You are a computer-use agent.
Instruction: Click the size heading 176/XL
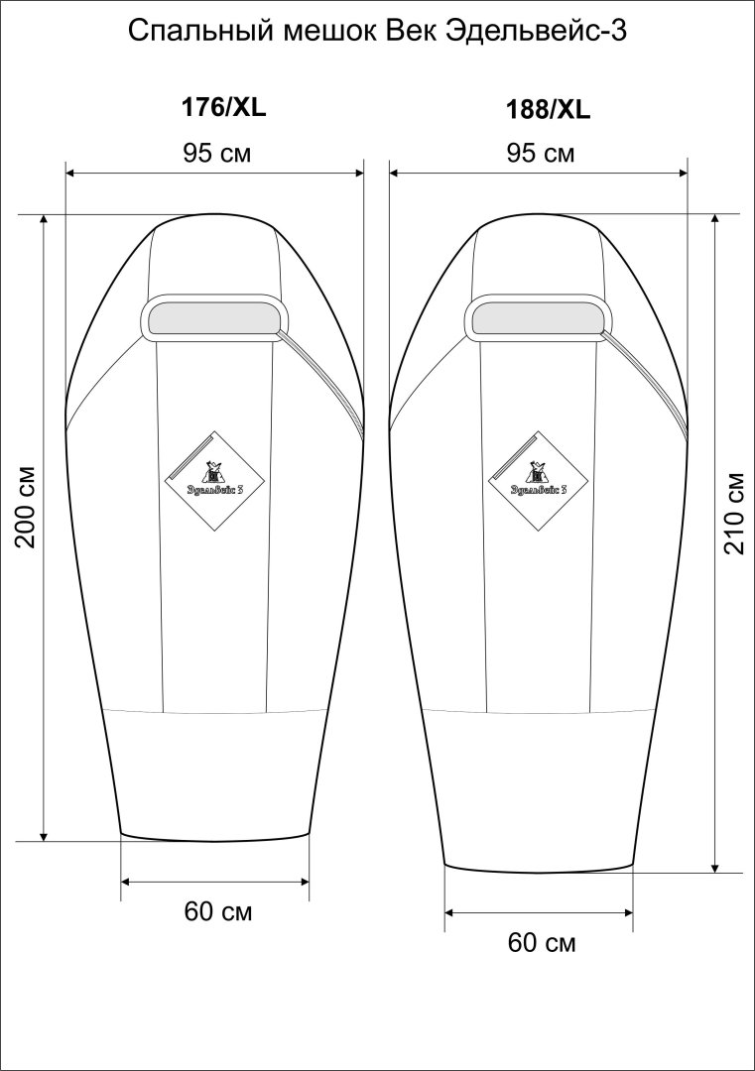223,107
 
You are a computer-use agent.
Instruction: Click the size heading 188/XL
547,110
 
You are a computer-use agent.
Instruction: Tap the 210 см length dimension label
734,513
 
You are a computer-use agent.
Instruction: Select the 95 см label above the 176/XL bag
216,153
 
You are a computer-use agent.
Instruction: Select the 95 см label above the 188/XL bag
541,153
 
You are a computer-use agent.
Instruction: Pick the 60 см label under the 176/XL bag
218,911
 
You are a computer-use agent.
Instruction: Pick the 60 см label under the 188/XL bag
542,943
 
